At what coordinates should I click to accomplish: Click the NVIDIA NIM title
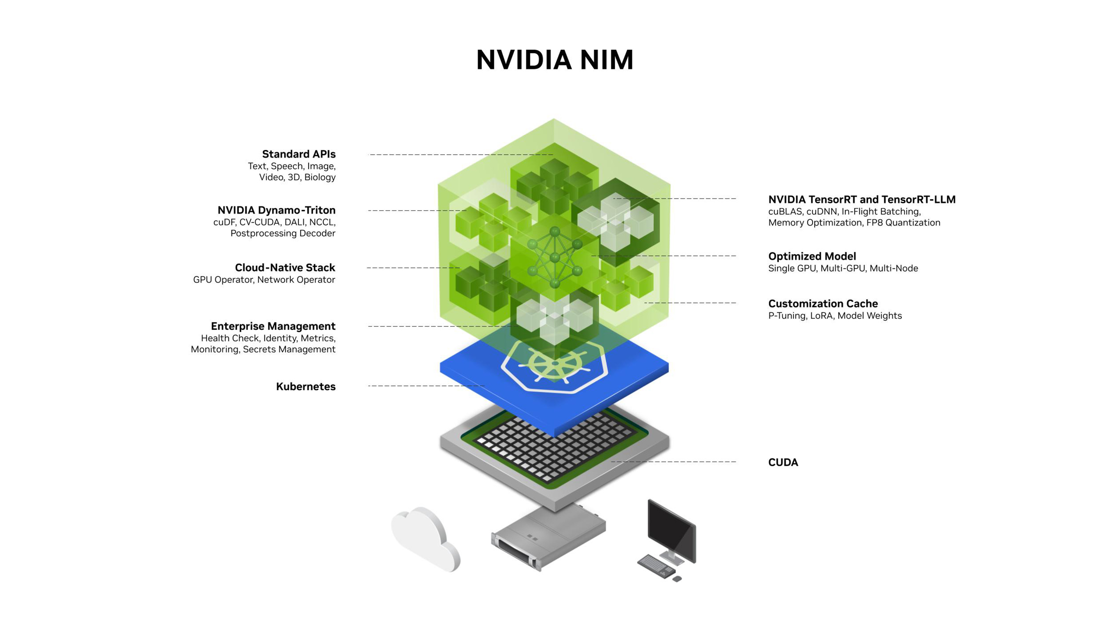pos(555,60)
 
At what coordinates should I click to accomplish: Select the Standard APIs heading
pos(298,154)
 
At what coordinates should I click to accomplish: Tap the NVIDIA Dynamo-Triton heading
pos(276,210)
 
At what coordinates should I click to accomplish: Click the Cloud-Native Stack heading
pos(284,268)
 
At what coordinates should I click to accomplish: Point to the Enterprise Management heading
pos(273,326)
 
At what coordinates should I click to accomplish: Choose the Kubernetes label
pos(305,387)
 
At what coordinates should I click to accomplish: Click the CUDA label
pos(783,462)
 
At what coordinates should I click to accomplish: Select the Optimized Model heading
pos(812,256)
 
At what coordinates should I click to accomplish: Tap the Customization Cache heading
pos(823,304)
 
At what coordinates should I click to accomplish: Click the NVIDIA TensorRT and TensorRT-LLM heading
pos(862,200)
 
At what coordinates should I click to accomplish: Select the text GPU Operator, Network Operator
pos(264,280)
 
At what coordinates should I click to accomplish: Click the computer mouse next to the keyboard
pos(677,578)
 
